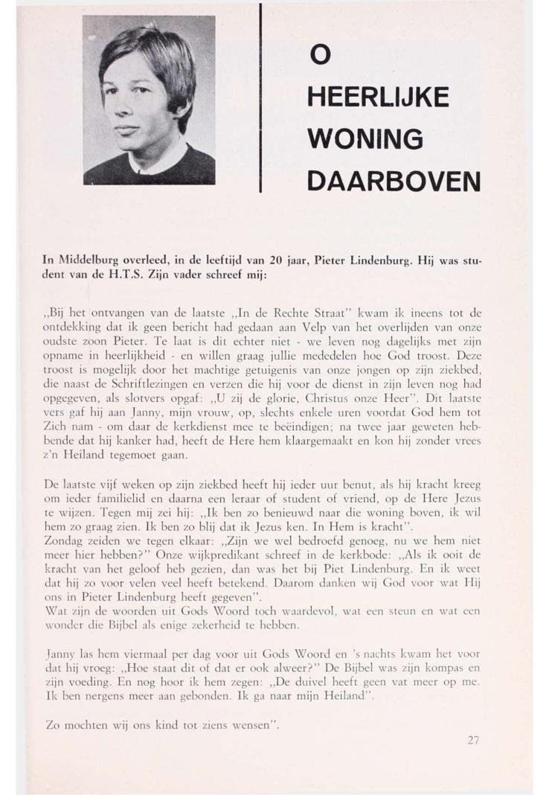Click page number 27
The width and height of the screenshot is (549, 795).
475,739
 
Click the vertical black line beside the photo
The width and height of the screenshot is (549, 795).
261,97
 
